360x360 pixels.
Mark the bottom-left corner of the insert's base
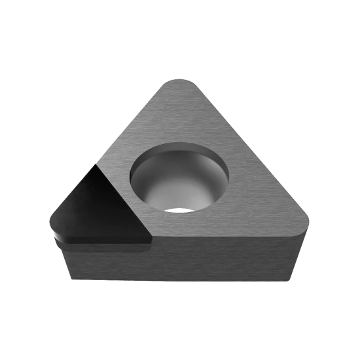click(69, 279)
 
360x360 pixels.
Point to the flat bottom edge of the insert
click(177, 281)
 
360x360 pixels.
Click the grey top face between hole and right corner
click(262, 209)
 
